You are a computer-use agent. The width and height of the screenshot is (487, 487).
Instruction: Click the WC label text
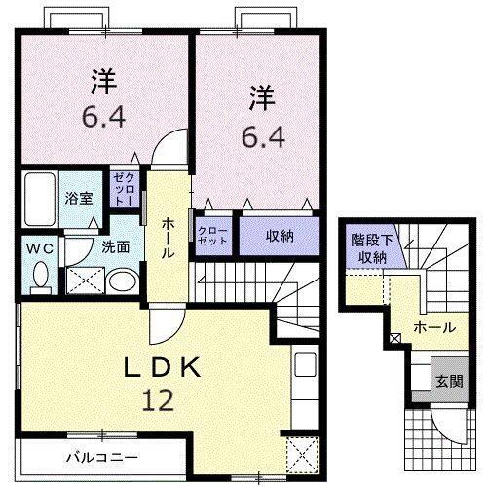pos(39,247)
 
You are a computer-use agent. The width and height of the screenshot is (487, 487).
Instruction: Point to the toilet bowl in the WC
pos(40,277)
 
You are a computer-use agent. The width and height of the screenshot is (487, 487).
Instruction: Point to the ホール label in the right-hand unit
pos(433,328)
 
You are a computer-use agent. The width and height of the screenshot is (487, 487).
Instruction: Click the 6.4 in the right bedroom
pos(260,136)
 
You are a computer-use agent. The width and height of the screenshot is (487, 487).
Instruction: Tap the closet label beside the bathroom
pos(124,186)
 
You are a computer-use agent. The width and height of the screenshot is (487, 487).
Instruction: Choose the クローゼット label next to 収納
pos(211,236)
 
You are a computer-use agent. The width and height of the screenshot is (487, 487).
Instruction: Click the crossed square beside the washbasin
pos(83,281)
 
